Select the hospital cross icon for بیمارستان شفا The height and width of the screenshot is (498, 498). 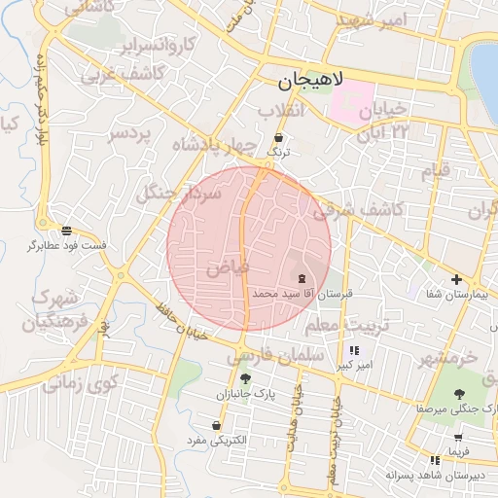click(455, 279)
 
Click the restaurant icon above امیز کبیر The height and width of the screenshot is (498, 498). click(354, 350)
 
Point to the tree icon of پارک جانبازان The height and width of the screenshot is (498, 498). click(244, 379)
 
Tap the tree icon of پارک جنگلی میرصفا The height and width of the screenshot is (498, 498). click(459, 394)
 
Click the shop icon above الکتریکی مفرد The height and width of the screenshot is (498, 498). click(216, 426)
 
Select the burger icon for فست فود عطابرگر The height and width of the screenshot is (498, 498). click(66, 231)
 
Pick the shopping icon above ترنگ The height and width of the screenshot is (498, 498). click(280, 137)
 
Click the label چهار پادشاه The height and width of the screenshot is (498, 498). click(214, 147)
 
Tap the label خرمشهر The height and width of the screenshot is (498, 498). click(449, 359)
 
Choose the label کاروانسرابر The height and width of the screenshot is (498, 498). click(156, 45)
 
